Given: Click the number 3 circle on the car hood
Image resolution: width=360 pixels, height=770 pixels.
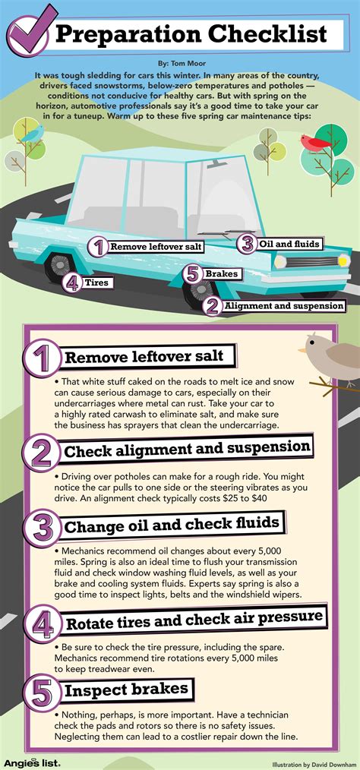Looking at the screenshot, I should (246, 244).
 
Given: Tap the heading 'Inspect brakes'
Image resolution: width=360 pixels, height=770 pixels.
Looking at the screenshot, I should (126, 690).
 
